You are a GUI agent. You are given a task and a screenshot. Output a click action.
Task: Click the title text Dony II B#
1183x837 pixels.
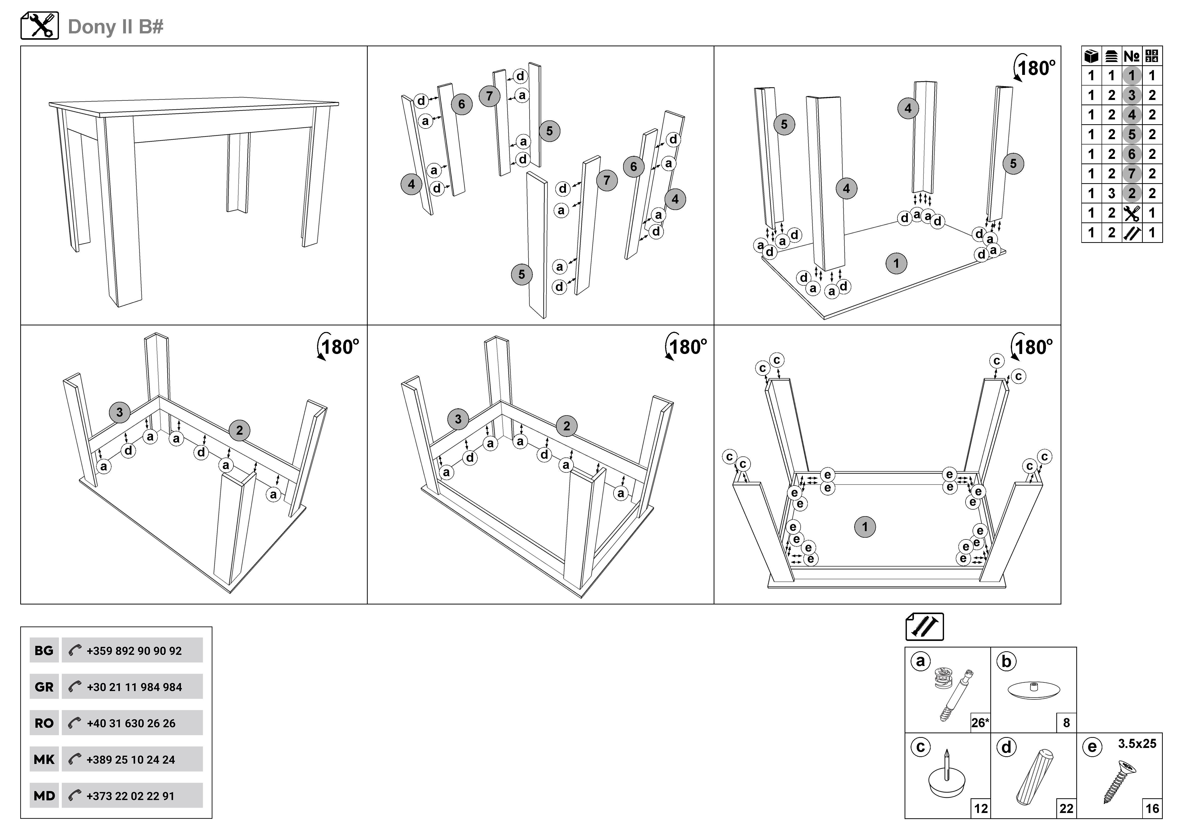[115, 26]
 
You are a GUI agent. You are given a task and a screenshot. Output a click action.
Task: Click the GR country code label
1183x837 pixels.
[44, 687]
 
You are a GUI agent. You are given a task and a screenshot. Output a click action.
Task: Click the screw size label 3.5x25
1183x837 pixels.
[1137, 744]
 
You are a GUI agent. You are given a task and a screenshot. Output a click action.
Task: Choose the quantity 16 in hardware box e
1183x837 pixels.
[1152, 809]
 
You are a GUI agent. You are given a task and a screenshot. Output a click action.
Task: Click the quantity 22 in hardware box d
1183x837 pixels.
[1066, 809]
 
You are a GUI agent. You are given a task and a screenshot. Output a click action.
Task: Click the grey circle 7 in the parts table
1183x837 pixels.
[1131, 174]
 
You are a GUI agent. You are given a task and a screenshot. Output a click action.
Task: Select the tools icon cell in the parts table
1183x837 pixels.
[1131, 213]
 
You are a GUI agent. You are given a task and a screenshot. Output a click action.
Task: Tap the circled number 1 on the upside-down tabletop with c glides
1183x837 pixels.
[865, 527]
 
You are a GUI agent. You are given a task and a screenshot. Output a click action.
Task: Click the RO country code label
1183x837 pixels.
[44, 723]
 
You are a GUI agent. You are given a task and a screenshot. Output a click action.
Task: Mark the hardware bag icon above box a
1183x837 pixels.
[924, 627]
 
